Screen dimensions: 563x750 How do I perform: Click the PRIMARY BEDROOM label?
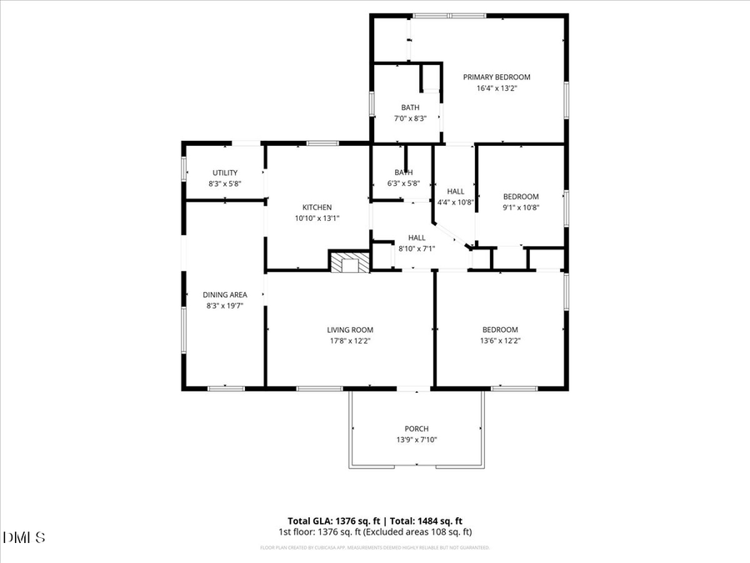tap(497, 77)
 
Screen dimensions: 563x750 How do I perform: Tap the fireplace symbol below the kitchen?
tap(349, 262)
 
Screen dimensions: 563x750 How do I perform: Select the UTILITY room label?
tap(225, 173)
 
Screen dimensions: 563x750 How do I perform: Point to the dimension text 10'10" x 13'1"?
tap(317, 218)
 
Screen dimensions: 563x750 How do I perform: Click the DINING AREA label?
tap(225, 294)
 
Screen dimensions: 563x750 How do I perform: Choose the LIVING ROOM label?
tap(350, 329)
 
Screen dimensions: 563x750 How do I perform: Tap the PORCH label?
tap(417, 429)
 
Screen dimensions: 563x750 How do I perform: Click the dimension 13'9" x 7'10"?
tap(417, 440)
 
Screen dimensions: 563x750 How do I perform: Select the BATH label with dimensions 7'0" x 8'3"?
tap(410, 107)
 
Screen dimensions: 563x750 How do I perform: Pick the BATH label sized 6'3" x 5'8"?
tap(403, 173)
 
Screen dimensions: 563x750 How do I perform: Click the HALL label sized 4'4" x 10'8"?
tap(456, 191)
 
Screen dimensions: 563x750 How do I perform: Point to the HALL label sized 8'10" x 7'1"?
tap(417, 238)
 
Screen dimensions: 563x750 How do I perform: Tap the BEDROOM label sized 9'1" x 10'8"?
tap(521, 197)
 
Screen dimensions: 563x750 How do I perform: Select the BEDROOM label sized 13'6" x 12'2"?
tap(500, 329)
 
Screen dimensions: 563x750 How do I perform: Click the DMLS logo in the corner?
tap(24, 536)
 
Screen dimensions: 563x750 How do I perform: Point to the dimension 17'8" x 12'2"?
tap(350, 340)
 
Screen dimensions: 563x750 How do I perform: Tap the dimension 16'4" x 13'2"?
tap(497, 88)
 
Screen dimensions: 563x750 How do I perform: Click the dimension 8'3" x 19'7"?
tap(225, 305)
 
